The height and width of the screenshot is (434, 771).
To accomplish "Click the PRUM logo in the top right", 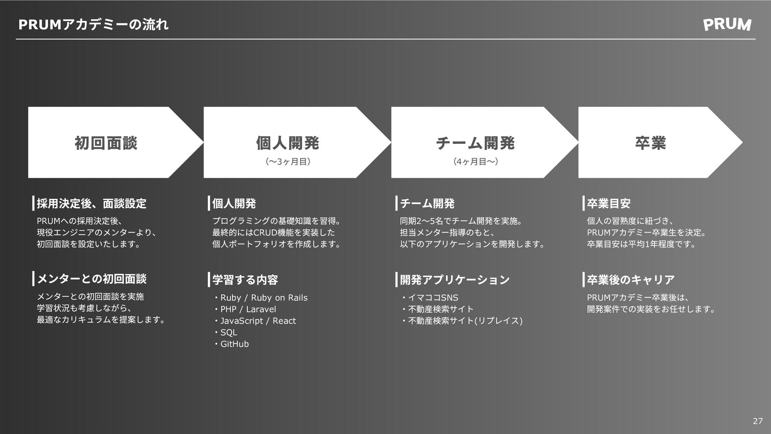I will coord(727,25).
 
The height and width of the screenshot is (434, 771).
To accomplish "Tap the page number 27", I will coord(757,421).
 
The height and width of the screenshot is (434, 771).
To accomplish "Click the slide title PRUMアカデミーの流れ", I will coord(94,25).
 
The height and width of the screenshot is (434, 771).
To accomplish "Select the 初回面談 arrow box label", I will coord(106,143).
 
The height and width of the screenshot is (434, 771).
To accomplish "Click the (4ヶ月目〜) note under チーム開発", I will coord(475,162).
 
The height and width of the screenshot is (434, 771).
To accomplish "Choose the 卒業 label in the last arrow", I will coord(651,143).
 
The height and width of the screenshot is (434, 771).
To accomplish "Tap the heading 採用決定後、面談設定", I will coord(92,204).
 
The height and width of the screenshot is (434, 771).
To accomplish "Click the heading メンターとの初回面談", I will coord(92,279).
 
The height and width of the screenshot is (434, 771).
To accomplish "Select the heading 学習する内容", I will coord(245,280).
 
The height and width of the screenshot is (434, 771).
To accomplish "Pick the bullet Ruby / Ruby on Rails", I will coord(263,298).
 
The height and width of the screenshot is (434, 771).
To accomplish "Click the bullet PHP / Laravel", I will coord(248,309).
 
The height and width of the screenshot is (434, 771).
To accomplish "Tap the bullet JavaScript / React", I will coord(258,321).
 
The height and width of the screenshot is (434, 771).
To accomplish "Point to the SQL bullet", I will coord(228,333).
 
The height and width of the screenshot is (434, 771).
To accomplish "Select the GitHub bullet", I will coord(235,344).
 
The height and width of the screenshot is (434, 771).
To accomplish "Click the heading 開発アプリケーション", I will coord(455,280).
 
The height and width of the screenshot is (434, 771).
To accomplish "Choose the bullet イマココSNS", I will coord(433,298).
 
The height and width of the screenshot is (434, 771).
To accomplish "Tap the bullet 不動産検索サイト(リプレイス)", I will coord(465,321).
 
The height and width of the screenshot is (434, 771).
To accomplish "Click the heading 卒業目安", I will coord(608,204).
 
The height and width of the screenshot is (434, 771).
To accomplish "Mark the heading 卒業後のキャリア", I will coord(630,280).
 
